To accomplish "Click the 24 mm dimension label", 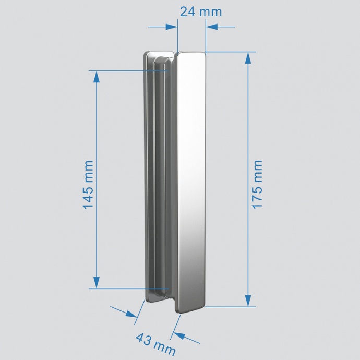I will tap(200, 11).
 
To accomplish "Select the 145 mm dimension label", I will tap(88, 185).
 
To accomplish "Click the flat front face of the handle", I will tap(191, 177).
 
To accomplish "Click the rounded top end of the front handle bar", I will tap(191, 54).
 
